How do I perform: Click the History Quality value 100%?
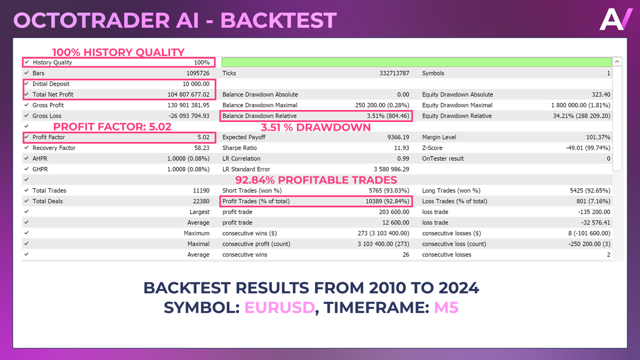tap(202, 62)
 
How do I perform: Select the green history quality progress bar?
tap(417, 62)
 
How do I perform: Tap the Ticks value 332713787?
tap(394, 73)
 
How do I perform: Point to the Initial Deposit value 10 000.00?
tap(196, 84)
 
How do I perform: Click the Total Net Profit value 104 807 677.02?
tap(188, 94)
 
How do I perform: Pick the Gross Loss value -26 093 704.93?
tap(189, 116)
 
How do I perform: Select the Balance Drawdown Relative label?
tap(259, 116)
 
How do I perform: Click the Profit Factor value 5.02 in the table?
tap(203, 137)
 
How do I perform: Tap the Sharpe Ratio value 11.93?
tap(402, 148)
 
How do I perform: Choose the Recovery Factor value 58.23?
tap(202, 148)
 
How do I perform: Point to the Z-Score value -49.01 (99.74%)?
tap(588, 148)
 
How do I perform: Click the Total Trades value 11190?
tap(201, 190)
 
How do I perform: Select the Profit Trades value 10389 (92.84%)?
tap(387, 202)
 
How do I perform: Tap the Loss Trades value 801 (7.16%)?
tap(593, 202)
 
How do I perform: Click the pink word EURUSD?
tap(279, 307)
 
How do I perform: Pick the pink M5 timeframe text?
tap(446, 307)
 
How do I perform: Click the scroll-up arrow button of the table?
tap(617, 62)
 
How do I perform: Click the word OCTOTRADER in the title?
tap(91, 20)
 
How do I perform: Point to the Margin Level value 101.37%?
tap(598, 137)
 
